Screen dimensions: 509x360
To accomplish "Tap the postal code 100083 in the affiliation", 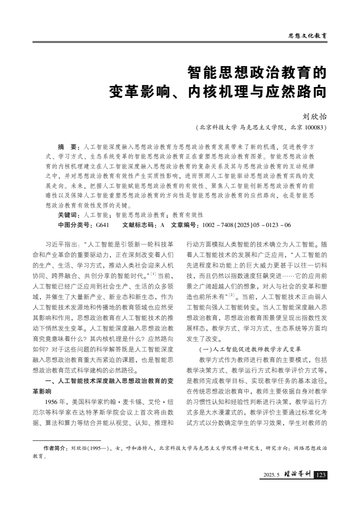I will tap(314, 127).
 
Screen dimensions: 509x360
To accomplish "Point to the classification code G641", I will tap(102, 225).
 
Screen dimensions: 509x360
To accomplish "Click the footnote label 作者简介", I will tap(56, 448).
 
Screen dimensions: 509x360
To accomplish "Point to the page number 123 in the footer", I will tap(320, 474).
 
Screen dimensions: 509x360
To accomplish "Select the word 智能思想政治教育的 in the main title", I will tap(257, 73).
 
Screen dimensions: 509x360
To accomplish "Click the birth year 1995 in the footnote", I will tap(93, 448).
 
